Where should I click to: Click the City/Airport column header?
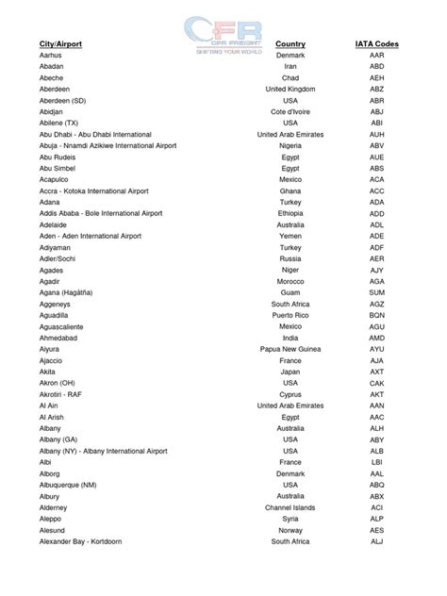click(x=60, y=44)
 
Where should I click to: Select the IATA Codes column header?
click(x=376, y=44)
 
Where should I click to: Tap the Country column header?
click(x=290, y=44)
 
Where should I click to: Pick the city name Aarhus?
click(x=51, y=56)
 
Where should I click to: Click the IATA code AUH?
click(x=376, y=135)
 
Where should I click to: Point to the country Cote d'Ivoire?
click(x=290, y=112)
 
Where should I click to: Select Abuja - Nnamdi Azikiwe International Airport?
click(x=112, y=146)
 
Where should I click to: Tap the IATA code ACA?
click(x=376, y=180)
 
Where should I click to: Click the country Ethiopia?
click(x=290, y=214)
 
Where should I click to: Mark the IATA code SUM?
click(x=376, y=293)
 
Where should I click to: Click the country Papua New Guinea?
click(x=290, y=350)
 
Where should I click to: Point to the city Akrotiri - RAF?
click(x=62, y=394)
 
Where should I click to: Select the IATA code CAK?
click(x=376, y=383)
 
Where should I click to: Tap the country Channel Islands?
click(x=290, y=507)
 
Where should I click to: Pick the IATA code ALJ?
click(x=376, y=541)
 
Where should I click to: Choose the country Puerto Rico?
click(x=290, y=316)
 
